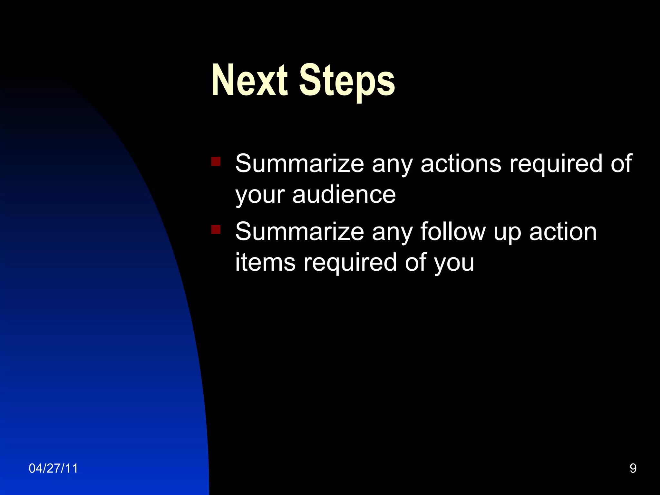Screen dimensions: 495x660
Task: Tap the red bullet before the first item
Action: point(216,161)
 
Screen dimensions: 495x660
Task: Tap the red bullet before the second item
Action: point(216,229)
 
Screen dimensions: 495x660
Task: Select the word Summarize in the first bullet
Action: point(299,163)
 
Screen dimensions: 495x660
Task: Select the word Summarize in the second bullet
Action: point(299,231)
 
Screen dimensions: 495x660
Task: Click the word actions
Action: point(461,163)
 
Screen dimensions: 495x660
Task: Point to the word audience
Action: point(344,195)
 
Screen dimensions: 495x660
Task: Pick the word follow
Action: point(453,231)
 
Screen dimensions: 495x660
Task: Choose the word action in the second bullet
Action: point(563,231)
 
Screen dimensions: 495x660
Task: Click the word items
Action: point(265,262)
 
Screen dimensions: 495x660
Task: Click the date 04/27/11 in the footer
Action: point(53,468)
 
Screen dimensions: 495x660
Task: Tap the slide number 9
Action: point(633,468)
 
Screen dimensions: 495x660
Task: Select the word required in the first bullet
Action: point(556,164)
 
